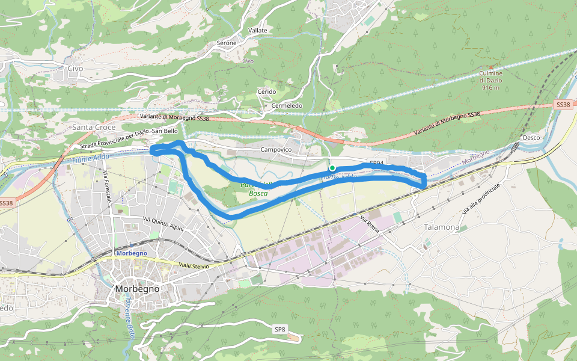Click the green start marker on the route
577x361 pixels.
tap(332, 168)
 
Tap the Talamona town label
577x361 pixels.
tap(442, 227)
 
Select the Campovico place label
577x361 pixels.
tap(276, 149)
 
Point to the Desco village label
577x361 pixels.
tap(531, 137)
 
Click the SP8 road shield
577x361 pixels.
tap(280, 329)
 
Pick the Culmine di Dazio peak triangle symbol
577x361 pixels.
tap(490, 67)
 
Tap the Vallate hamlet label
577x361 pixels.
tap(258, 30)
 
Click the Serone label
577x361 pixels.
tap(227, 43)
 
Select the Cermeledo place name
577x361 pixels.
tap(287, 106)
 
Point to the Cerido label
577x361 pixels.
tap(266, 92)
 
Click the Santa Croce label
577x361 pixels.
tap(94, 128)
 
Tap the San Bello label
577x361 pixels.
tap(165, 131)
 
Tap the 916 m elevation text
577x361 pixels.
tap(490, 88)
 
